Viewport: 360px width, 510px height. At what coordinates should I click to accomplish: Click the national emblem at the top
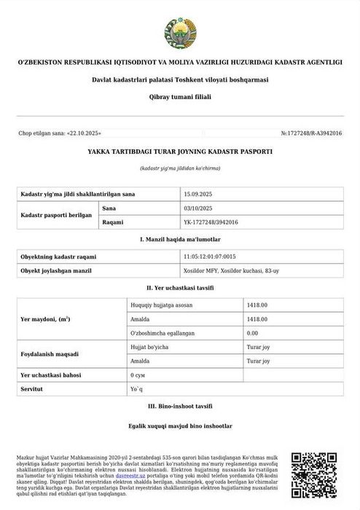pos(180,28)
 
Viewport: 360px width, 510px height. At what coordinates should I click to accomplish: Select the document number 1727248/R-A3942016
pos(310,134)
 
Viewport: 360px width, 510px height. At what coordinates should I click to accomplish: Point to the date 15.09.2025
pos(197,195)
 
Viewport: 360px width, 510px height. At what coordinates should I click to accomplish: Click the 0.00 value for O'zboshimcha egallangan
pos(254,332)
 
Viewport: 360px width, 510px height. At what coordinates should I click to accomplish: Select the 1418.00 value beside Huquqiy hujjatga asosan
pos(257,305)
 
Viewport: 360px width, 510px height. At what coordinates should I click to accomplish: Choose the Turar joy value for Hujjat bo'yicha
pos(259,347)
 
